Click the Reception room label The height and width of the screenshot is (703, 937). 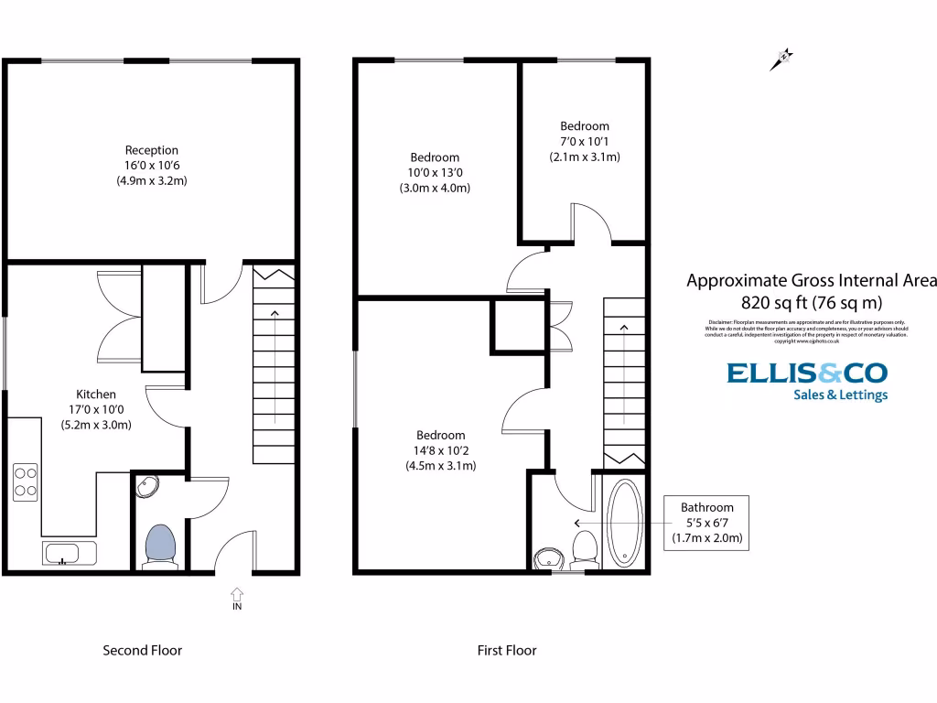tap(152, 166)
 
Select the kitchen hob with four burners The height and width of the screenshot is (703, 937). tap(26, 481)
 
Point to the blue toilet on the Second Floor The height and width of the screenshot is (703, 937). tap(160, 546)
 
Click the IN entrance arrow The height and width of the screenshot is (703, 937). tap(237, 600)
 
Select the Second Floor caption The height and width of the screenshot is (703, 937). tap(142, 651)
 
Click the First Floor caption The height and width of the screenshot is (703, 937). tap(507, 651)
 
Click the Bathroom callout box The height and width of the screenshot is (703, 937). tap(706, 523)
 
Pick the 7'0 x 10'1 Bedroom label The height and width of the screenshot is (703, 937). tap(585, 141)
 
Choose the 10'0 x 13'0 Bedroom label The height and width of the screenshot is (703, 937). tap(435, 172)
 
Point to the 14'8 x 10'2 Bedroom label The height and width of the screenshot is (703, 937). tap(441, 450)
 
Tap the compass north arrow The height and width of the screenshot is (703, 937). tap(782, 60)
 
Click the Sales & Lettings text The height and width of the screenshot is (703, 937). tap(839, 395)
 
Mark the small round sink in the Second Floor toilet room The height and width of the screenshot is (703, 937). tap(146, 487)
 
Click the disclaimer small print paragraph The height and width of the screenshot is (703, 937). tap(807, 331)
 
